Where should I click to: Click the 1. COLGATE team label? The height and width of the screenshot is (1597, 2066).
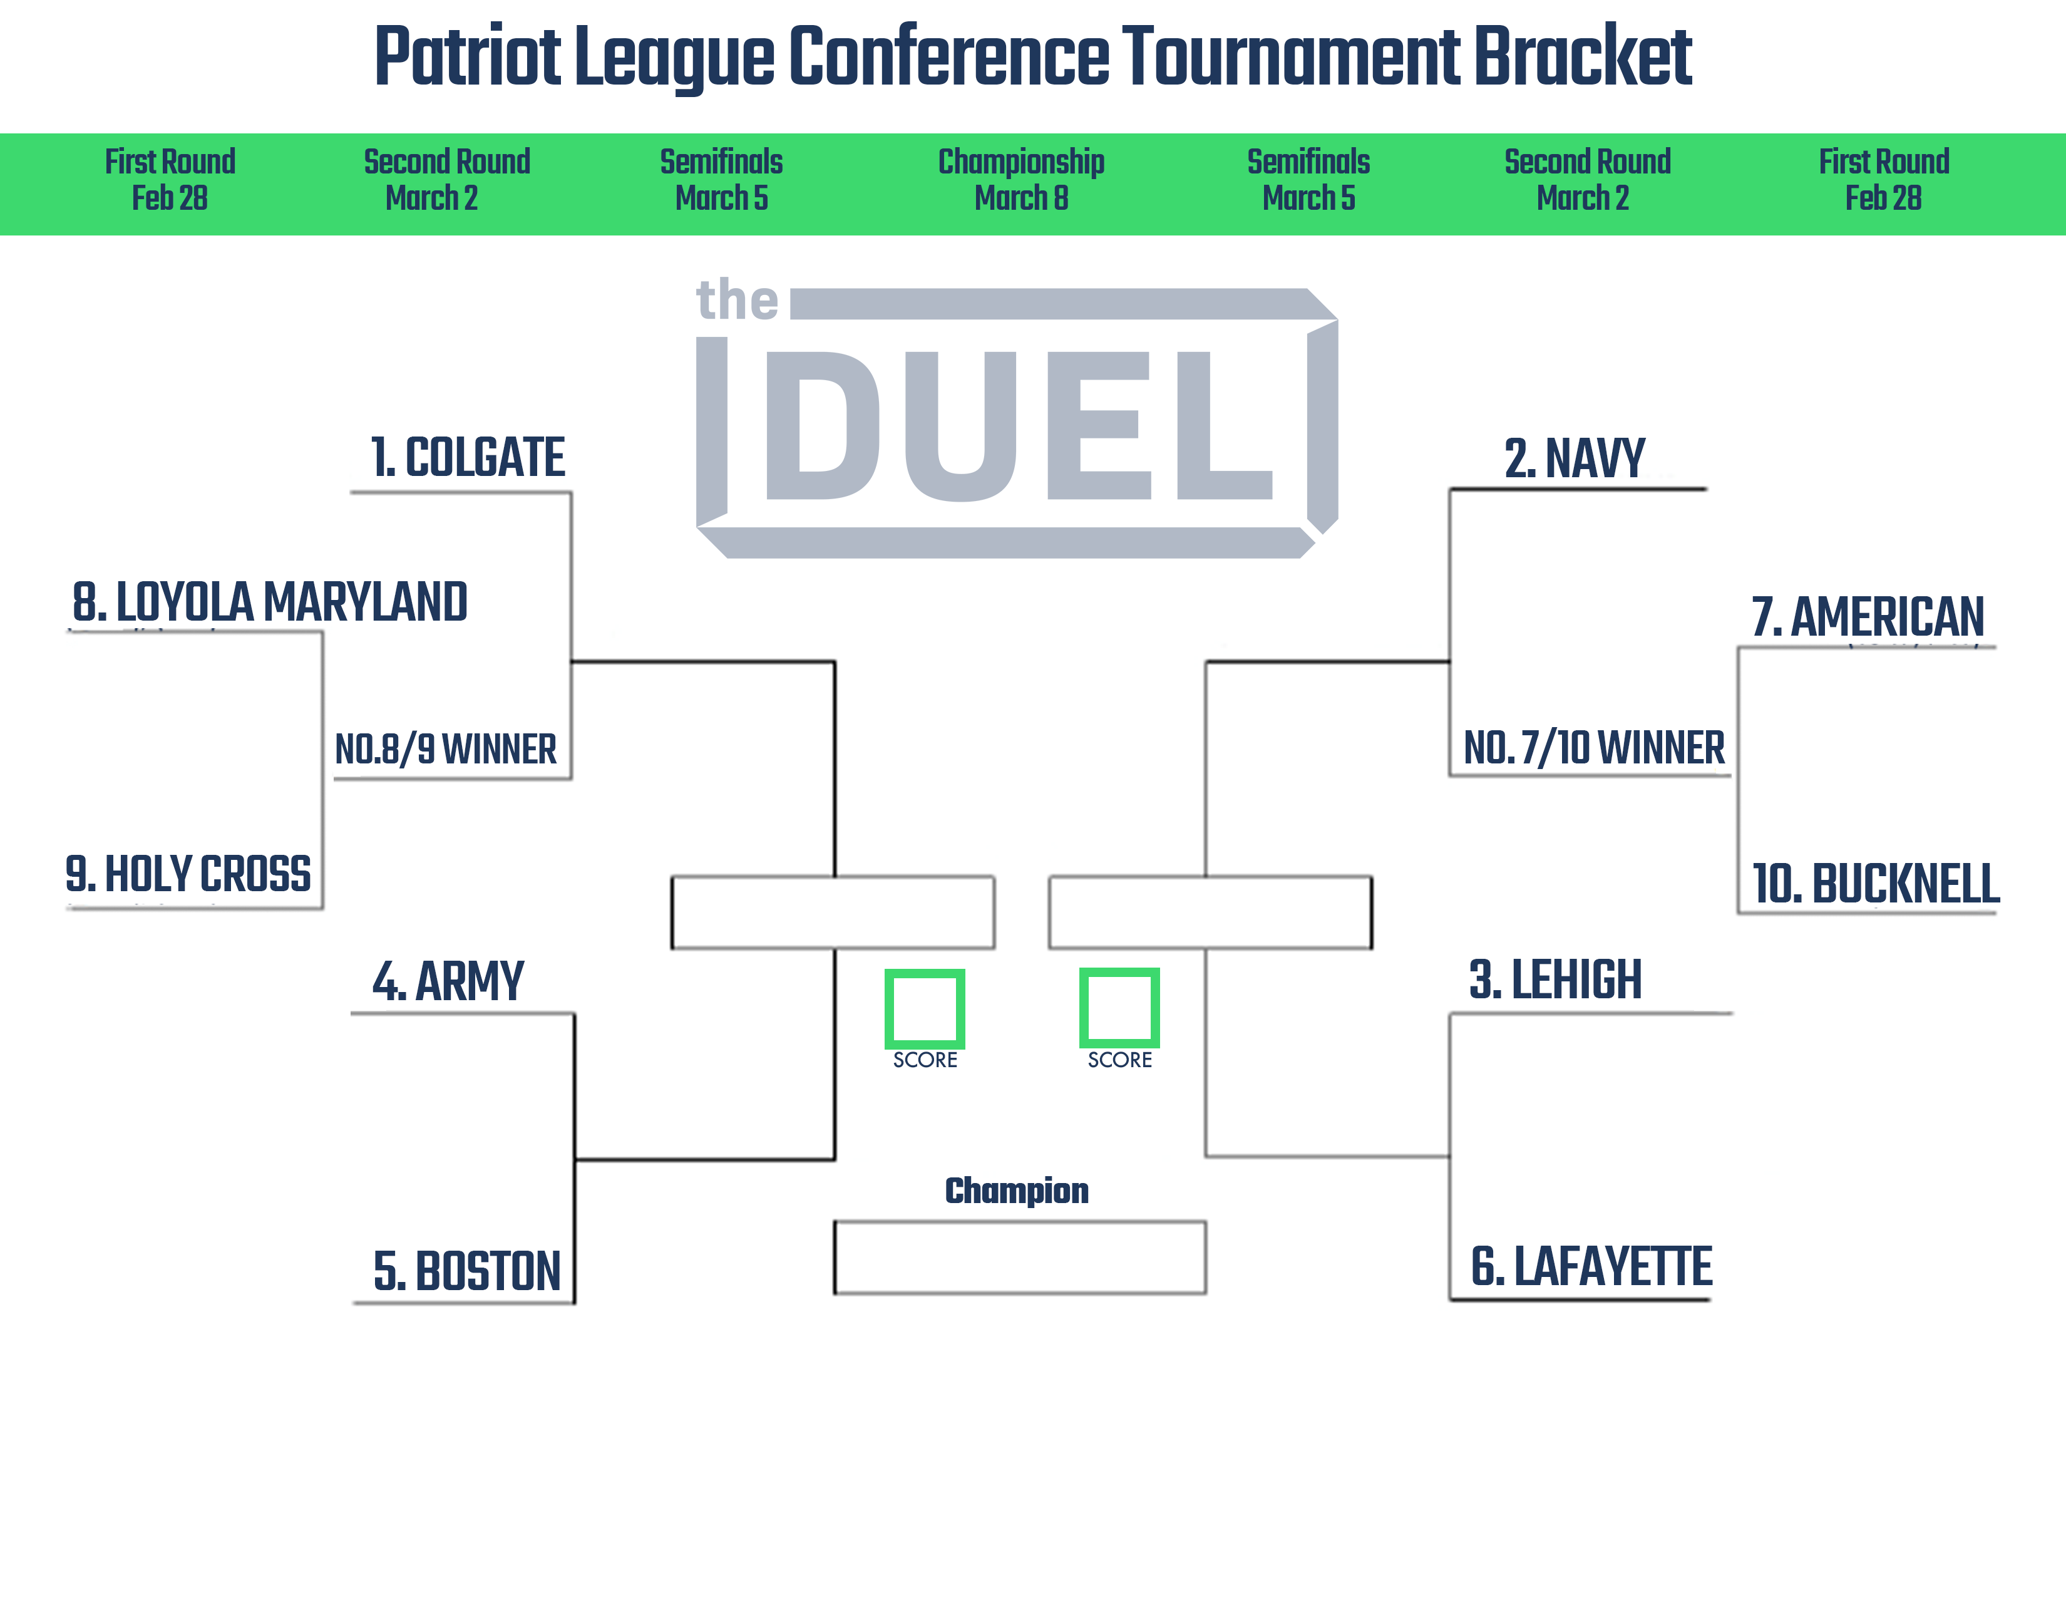[x=468, y=458]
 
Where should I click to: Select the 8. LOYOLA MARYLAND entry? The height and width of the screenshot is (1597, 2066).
[x=270, y=602]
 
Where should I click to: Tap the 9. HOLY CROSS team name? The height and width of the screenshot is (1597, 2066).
[x=188, y=873]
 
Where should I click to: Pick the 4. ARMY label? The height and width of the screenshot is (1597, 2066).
[x=448, y=981]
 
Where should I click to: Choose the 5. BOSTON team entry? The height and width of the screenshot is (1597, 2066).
[x=467, y=1271]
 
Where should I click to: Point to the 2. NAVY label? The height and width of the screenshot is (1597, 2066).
[x=1575, y=459]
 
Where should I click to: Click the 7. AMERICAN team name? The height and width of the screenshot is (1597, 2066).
[x=1868, y=617]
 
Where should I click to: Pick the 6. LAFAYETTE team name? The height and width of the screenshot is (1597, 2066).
[x=1591, y=1267]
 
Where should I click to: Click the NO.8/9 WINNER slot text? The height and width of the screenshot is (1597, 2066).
[x=446, y=749]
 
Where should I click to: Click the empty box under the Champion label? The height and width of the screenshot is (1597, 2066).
[x=1020, y=1258]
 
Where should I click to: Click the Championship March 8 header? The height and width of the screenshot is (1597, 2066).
[x=1022, y=180]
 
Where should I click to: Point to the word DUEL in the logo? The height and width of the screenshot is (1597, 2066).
[x=1019, y=425]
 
